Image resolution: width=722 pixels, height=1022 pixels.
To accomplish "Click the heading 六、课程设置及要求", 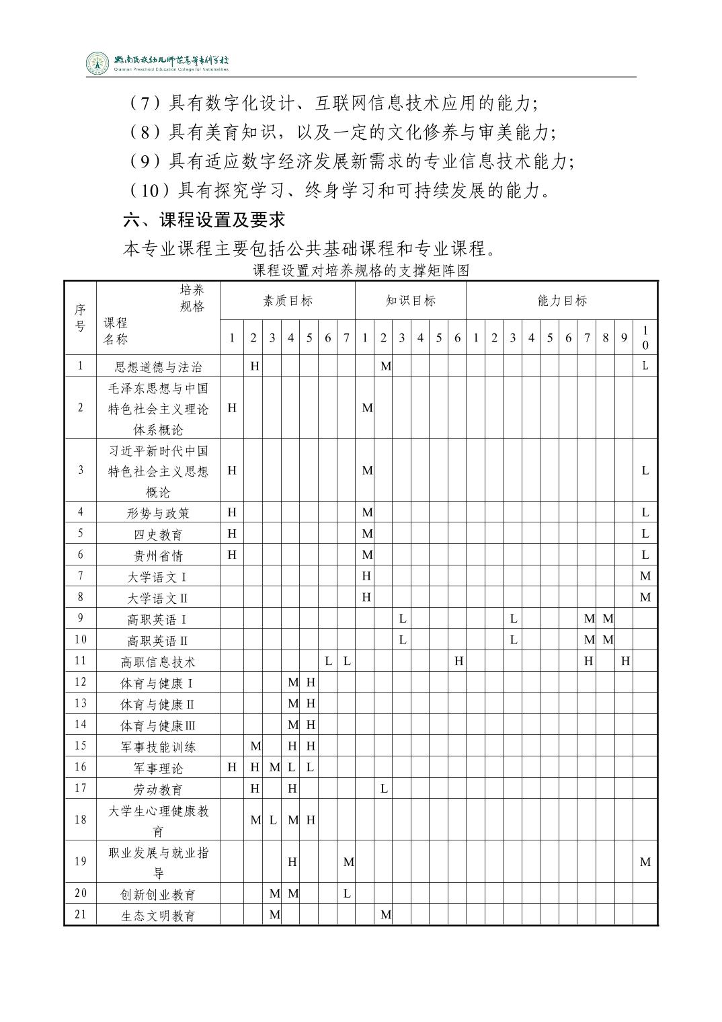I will click(x=204, y=220).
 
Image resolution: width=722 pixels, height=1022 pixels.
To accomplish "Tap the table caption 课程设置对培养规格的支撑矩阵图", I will click(x=360, y=271).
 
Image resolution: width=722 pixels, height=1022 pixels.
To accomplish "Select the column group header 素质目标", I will click(x=288, y=301).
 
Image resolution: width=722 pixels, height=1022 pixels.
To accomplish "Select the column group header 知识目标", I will click(x=411, y=301).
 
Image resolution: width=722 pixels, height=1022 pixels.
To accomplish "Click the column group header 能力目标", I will click(x=562, y=301).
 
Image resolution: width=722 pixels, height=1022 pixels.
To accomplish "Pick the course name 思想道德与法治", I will click(x=159, y=366).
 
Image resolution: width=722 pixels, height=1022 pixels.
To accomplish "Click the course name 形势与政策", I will click(x=159, y=513).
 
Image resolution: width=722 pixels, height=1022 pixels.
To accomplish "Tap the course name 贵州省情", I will click(x=159, y=555).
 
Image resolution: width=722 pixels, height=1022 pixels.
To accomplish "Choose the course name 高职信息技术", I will click(x=159, y=662).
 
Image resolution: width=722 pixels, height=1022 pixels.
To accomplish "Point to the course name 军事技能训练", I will click(x=159, y=746).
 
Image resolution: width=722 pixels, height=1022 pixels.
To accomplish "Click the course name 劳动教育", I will click(x=159, y=789).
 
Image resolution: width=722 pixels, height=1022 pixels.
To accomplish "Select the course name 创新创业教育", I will click(x=159, y=894).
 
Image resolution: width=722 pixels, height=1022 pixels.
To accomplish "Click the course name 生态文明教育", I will click(x=159, y=916).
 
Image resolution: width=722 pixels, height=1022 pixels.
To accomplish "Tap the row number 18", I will click(x=81, y=820).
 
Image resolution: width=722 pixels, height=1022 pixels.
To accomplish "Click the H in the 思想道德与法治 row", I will click(x=255, y=366).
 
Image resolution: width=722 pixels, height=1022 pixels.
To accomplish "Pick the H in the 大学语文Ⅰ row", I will click(x=366, y=576).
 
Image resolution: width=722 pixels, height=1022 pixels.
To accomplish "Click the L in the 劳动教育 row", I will click(x=384, y=788).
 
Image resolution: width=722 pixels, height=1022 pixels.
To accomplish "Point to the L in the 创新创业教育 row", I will click(x=347, y=894).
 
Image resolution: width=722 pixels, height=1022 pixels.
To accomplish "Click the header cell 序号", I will click(x=81, y=317).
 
